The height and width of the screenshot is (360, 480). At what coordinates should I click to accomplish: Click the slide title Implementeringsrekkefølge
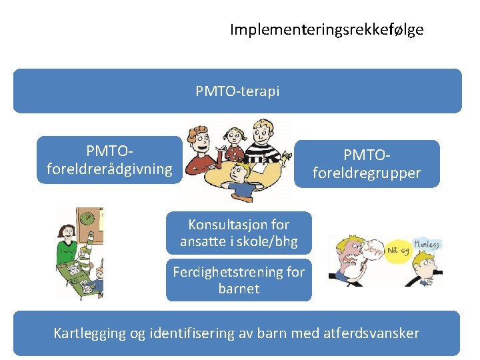pos(327,30)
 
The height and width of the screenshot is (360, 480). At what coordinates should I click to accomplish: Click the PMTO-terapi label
pos(237,91)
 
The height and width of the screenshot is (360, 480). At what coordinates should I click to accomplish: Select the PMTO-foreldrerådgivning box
pos(109,160)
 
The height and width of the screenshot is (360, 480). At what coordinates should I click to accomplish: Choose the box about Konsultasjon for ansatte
pos(239,233)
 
